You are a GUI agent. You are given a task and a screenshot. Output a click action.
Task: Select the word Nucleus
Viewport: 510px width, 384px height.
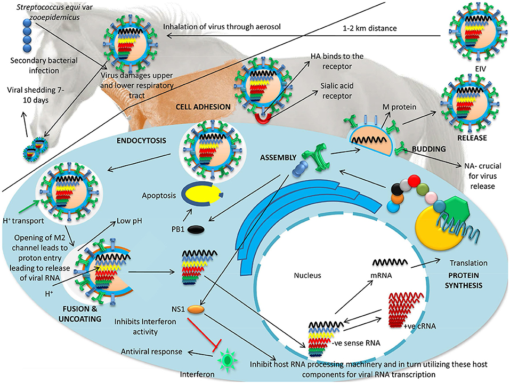coord(310,276)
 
